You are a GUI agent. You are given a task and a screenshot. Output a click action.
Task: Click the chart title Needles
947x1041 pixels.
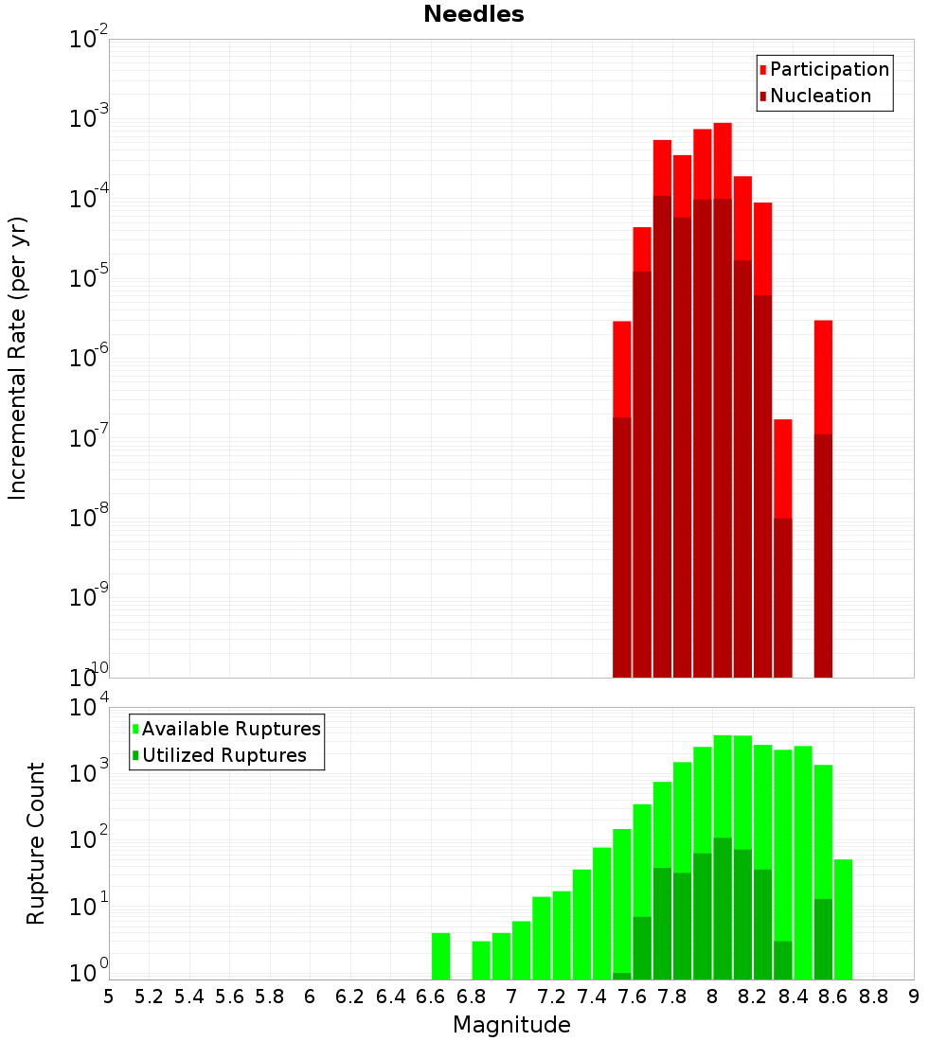click(473, 14)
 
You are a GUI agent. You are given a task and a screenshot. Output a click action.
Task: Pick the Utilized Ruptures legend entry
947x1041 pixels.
click(223, 755)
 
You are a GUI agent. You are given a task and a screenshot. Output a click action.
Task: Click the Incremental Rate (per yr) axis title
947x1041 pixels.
click(17, 359)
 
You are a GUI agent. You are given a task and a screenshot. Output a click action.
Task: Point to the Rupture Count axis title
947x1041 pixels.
click(36, 843)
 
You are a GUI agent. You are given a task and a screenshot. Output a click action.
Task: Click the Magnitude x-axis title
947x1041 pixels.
click(511, 1025)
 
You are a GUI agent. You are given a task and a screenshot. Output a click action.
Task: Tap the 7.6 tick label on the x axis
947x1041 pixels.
click(632, 996)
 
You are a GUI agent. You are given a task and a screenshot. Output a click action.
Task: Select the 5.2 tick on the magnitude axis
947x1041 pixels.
click(149, 996)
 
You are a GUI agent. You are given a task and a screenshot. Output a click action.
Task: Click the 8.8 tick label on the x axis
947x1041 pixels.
click(874, 996)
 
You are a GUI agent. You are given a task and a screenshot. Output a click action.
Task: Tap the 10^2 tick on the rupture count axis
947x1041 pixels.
click(88, 839)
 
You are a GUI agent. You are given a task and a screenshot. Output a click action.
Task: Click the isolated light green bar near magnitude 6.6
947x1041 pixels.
click(440, 956)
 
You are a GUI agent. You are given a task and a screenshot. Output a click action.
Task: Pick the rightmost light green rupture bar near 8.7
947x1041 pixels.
click(843, 918)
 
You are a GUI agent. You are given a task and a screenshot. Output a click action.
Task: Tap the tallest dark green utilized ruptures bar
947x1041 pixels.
click(723, 909)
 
